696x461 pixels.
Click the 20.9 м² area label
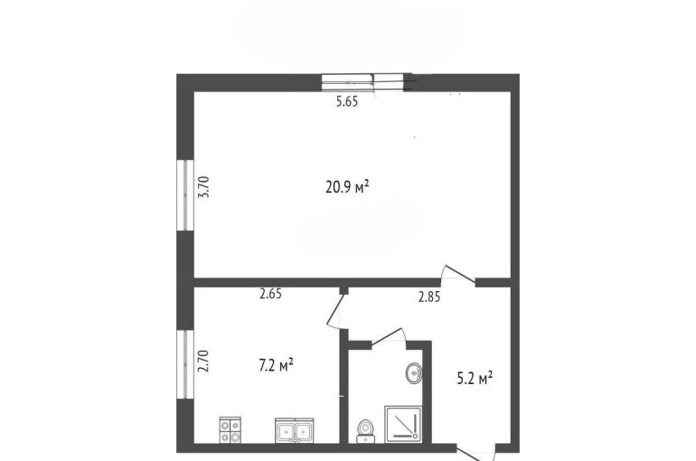click(348, 187)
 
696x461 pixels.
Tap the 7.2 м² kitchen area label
click(276, 365)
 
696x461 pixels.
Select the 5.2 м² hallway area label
click(475, 379)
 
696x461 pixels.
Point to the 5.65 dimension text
click(347, 102)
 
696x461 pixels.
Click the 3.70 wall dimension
click(203, 187)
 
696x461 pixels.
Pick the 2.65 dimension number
click(271, 294)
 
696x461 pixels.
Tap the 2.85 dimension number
click(429, 296)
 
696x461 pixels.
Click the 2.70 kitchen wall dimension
click(203, 361)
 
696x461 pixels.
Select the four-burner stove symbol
click(230, 429)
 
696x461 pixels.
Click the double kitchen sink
click(295, 430)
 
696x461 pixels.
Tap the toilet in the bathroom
click(366, 431)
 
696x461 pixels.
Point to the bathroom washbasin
click(414, 373)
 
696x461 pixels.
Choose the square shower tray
click(403, 424)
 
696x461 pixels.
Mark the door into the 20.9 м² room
click(458, 275)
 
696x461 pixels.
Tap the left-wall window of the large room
click(185, 195)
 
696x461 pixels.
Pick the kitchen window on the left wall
click(185, 364)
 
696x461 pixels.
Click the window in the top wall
click(363, 82)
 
